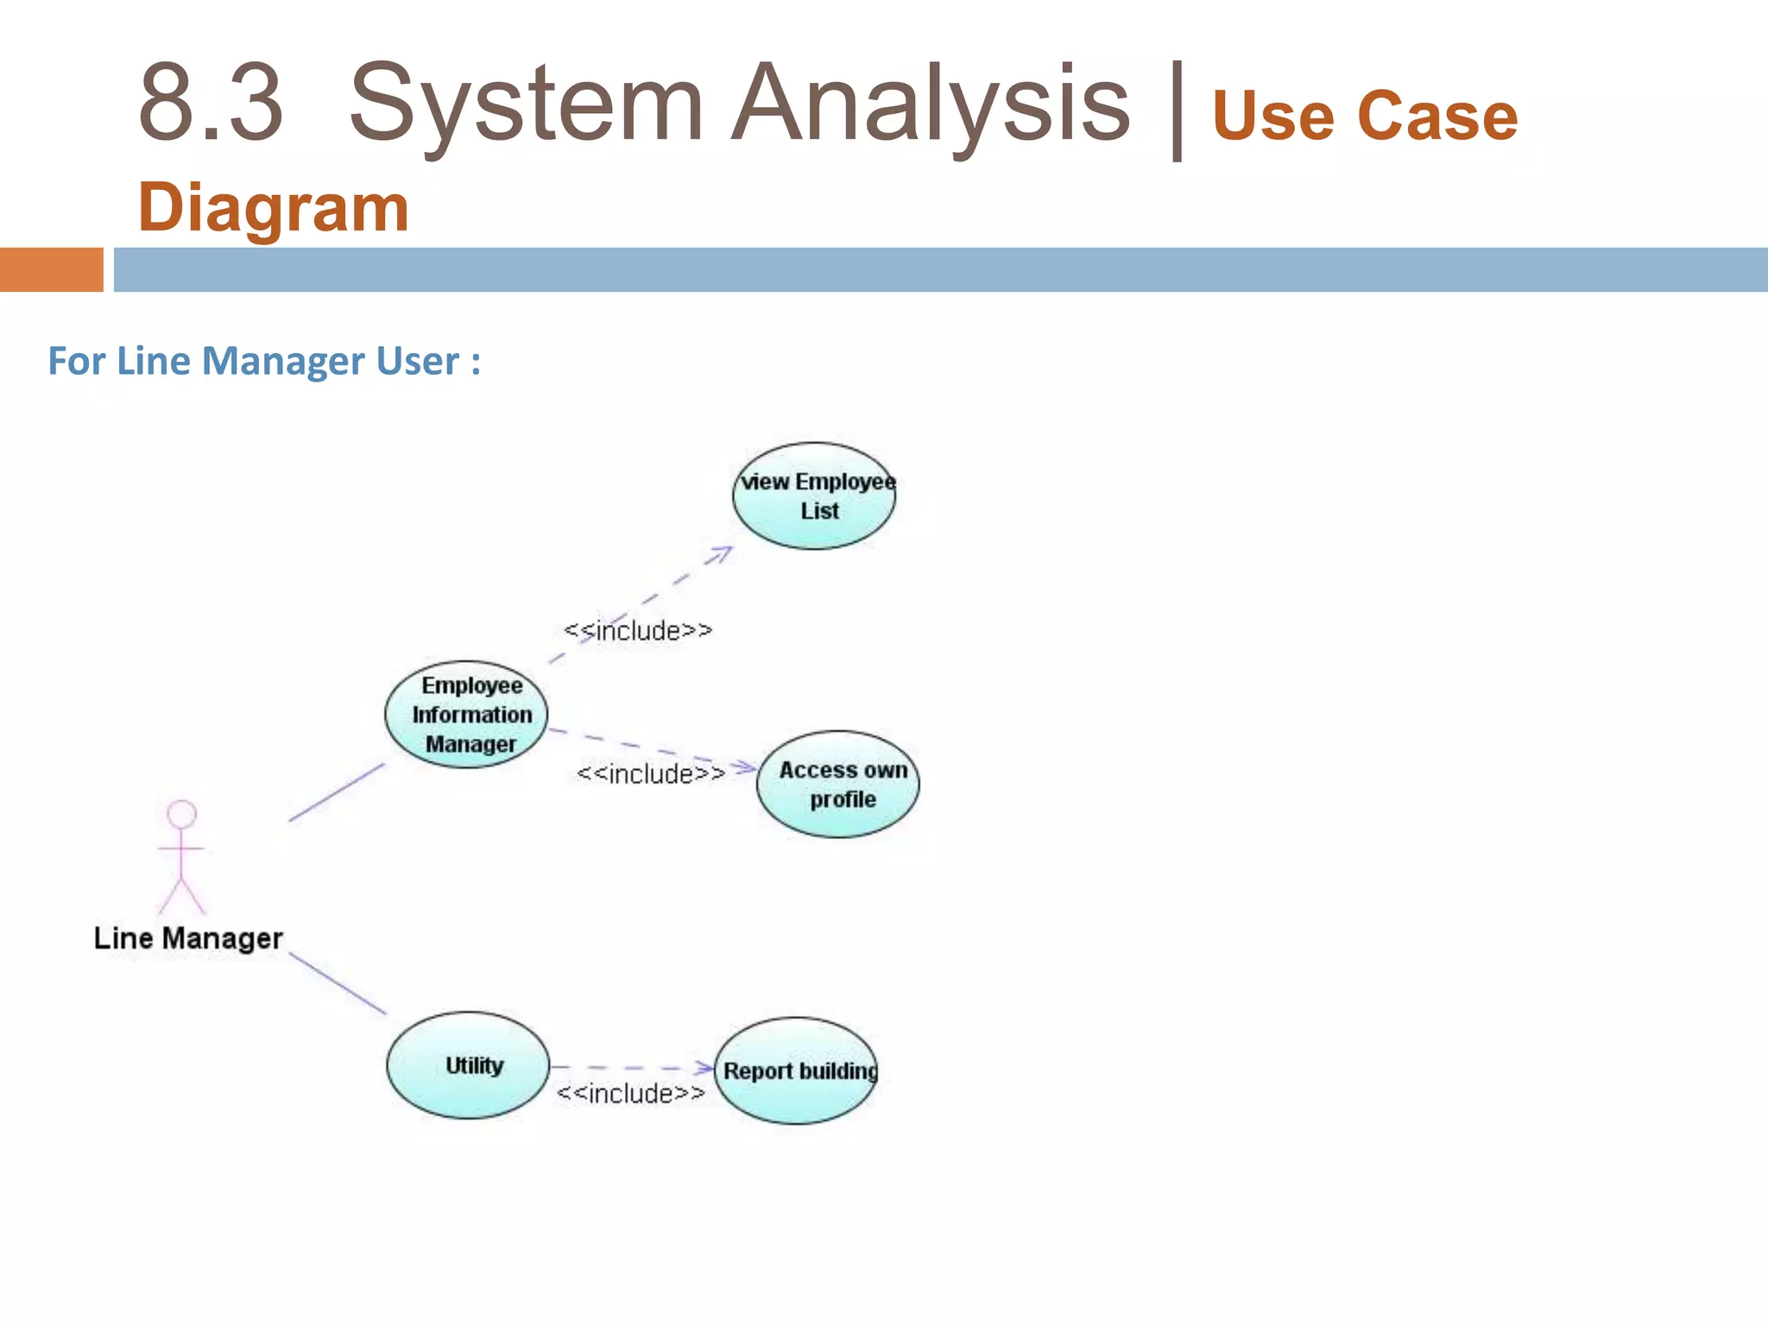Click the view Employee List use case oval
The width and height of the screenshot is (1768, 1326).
pos(814,496)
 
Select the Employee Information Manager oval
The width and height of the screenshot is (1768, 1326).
pos(466,715)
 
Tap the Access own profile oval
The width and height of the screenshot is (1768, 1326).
pos(838,785)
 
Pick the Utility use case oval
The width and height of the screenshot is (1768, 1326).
pos(468,1066)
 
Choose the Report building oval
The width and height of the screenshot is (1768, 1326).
pos(796,1071)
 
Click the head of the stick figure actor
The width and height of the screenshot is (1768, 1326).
pos(181,815)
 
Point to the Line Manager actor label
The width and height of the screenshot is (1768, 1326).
pos(188,938)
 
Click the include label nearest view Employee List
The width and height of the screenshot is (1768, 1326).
pos(638,631)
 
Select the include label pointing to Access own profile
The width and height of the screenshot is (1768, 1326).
pos(651,774)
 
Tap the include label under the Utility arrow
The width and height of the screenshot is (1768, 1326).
pos(631,1094)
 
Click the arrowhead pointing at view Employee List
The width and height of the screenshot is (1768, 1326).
pos(722,553)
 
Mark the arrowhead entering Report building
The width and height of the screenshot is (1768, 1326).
pos(707,1069)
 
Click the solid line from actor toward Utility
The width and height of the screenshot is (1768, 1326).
pos(338,984)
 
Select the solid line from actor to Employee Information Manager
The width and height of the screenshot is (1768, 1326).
pos(337,792)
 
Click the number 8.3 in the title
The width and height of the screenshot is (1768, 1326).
pos(211,104)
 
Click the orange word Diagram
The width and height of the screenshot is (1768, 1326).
pos(273,208)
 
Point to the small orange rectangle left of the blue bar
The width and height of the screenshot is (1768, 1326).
pos(51,269)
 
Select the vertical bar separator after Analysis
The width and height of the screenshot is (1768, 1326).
pos(1176,110)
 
